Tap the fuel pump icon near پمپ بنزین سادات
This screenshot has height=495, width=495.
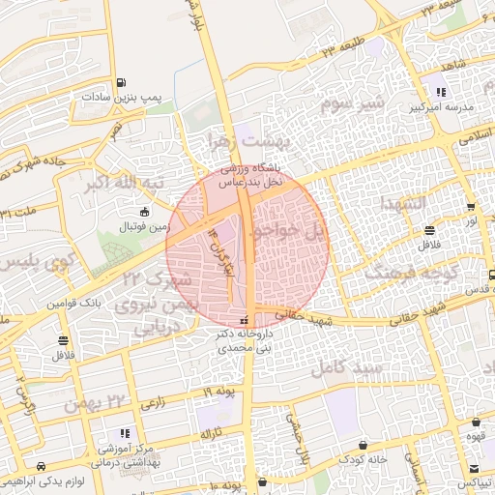(120, 82)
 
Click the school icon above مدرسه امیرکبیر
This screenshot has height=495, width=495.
(441, 92)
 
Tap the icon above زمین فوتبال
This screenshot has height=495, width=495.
(145, 212)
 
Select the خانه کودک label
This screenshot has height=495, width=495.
(364, 459)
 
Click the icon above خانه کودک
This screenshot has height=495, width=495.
(362, 445)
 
